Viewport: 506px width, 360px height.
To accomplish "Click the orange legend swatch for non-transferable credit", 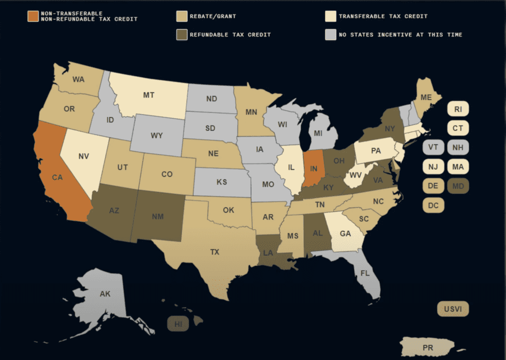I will coord(33,16).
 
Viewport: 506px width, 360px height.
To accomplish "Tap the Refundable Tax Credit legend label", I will coord(230,35).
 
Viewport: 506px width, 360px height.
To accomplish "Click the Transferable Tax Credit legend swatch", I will coord(330,16).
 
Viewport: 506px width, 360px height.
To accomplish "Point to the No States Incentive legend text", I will coord(400,35).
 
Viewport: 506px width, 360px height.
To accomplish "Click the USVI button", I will coord(453,309).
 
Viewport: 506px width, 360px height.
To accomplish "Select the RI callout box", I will coord(458,109).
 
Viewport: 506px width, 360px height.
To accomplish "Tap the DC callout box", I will coord(433,205).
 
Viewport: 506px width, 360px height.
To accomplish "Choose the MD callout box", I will coord(458,186).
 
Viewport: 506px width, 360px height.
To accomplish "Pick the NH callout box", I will coord(458,147).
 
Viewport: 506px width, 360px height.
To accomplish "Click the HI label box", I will coord(178,324).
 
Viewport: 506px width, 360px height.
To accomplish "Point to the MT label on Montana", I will coord(149,94).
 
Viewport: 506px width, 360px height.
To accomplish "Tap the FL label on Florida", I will coord(365,273).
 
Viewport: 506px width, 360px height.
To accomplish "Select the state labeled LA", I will coord(268,253).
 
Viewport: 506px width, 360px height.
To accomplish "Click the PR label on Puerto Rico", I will coord(428,347).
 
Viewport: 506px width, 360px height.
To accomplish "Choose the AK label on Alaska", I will coord(105,294).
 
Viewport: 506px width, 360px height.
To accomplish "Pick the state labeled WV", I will coord(355,175).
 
